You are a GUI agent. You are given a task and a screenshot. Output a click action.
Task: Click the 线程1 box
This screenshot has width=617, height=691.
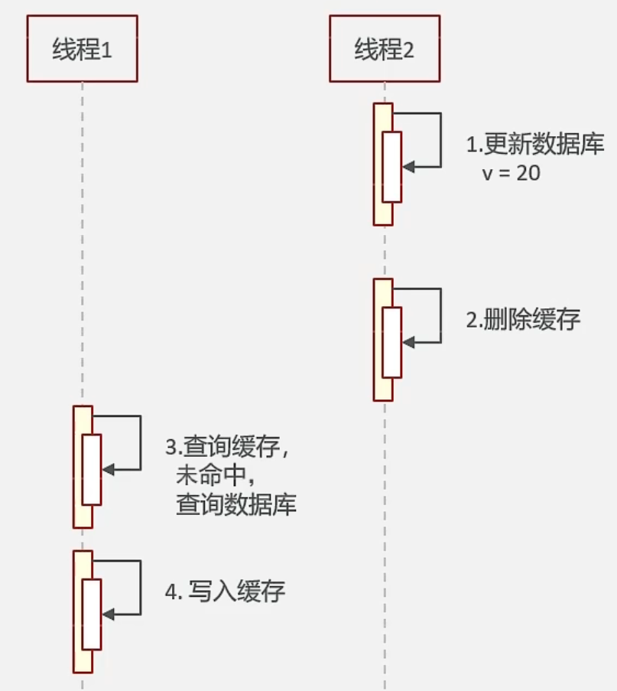(82, 48)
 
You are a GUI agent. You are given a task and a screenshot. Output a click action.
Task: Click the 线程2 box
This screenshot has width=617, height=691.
(385, 48)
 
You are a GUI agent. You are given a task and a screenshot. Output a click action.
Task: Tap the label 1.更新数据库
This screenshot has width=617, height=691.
(535, 145)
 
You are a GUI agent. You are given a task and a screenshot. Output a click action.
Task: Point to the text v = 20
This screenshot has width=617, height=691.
(511, 174)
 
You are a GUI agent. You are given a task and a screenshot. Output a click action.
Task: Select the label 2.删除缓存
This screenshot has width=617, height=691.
(523, 319)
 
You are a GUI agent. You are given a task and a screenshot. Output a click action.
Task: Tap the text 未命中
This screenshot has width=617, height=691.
(213, 476)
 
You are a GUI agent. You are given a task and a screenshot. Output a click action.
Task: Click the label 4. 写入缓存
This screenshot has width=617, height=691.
(226, 592)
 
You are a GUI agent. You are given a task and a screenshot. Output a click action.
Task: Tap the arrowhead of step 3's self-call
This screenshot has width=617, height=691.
(108, 469)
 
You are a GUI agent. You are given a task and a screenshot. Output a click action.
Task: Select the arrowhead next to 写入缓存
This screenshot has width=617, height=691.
(108, 614)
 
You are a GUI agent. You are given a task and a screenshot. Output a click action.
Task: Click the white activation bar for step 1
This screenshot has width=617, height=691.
(391, 167)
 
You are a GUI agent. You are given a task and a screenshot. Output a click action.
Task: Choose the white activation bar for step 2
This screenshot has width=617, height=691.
(391, 342)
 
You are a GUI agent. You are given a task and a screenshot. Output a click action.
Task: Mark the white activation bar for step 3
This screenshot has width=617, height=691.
(92, 469)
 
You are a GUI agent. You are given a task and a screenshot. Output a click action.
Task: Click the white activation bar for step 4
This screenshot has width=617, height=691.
(92, 614)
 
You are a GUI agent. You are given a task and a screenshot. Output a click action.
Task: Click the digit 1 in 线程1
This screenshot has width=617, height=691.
(107, 50)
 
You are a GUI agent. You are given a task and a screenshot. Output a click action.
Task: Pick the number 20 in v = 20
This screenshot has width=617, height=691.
(528, 174)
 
